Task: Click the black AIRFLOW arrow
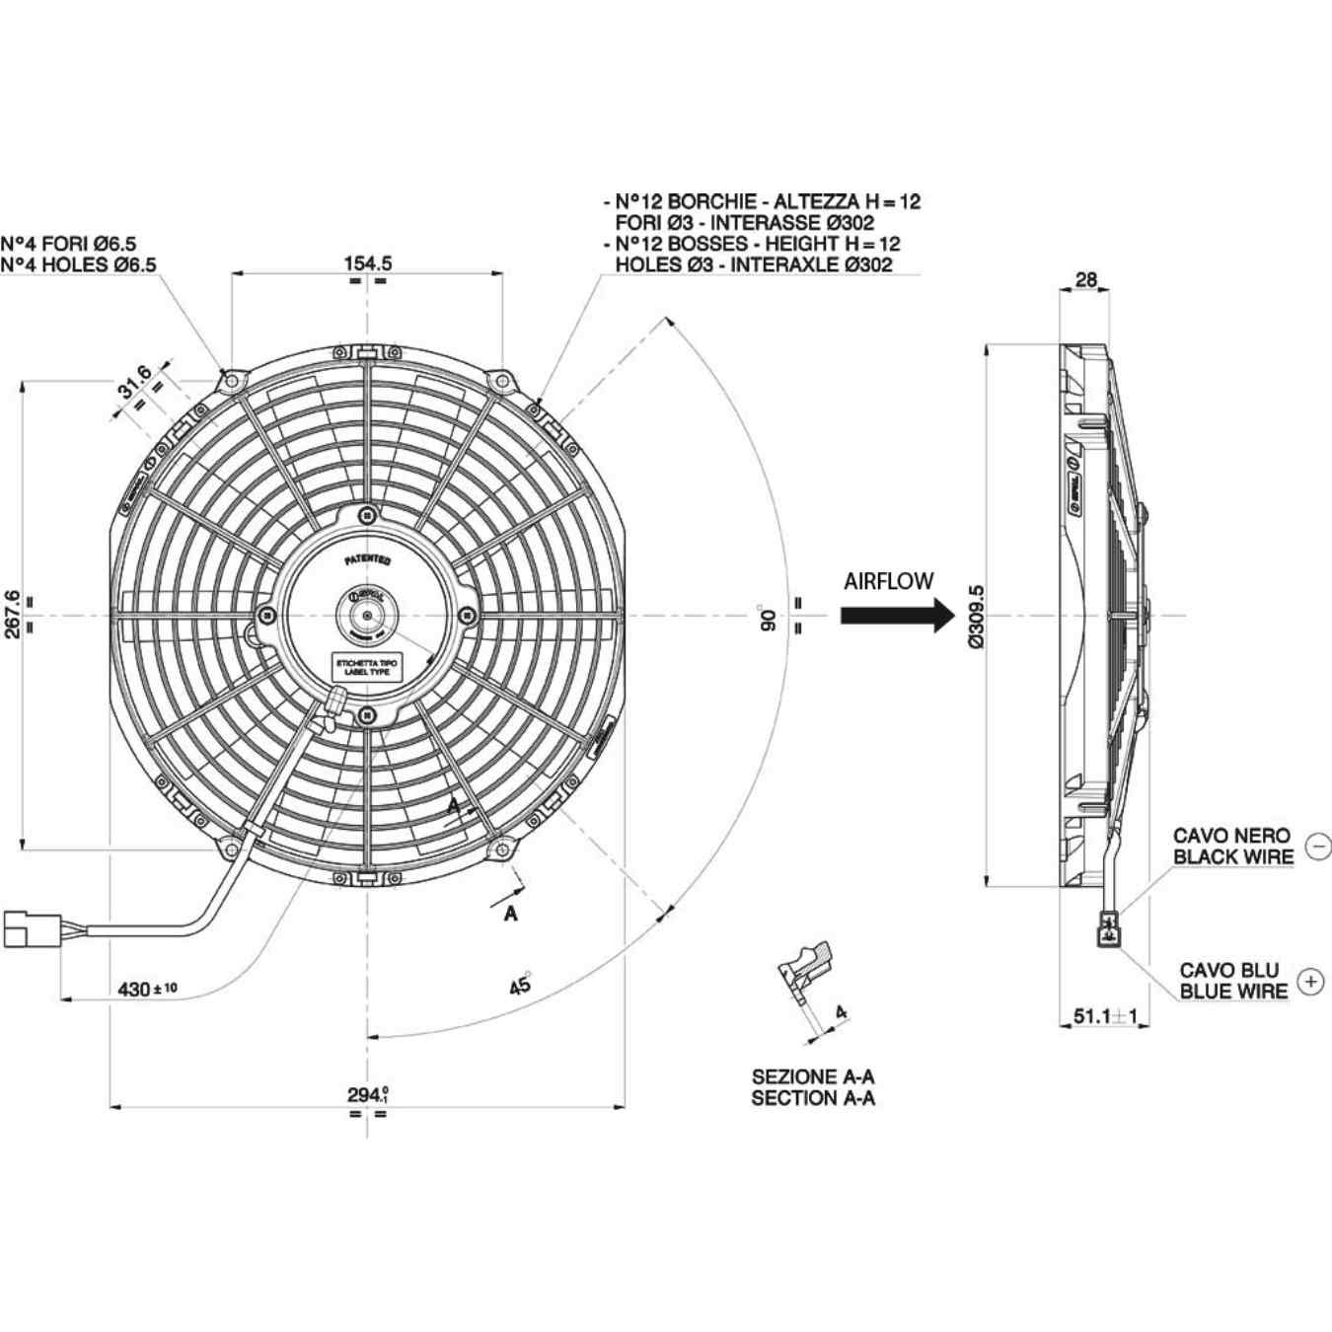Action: click(897, 615)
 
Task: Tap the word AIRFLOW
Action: click(888, 581)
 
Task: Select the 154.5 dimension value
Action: click(367, 262)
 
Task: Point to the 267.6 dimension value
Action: click(12, 614)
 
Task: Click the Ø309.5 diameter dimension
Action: click(976, 616)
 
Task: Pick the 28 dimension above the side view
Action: click(1085, 279)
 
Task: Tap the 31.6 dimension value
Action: click(135, 381)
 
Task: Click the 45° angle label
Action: click(520, 984)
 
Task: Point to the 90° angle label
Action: click(767, 618)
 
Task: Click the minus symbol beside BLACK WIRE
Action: click(1318, 846)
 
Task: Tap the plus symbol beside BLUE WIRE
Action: click(1310, 981)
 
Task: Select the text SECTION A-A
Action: click(812, 1097)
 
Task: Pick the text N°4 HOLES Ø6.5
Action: click(79, 264)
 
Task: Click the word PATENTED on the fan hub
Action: click(367, 560)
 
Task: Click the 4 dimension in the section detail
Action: click(841, 1011)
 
